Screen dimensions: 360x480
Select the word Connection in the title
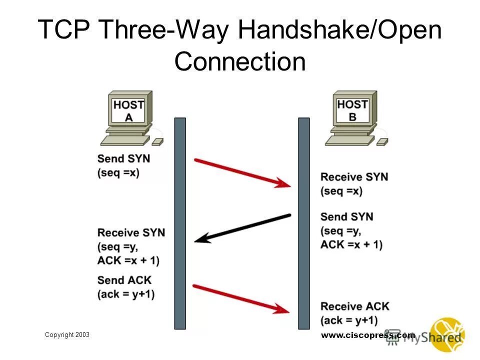tap(239, 62)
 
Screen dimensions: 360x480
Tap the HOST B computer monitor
tap(352, 109)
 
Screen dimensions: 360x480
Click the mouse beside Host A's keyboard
tap(157, 142)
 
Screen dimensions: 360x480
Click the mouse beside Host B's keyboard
tap(382, 142)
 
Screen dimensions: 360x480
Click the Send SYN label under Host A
tap(123, 158)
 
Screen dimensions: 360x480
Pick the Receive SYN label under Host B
tap(354, 177)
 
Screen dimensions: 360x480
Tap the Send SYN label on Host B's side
tap(346, 217)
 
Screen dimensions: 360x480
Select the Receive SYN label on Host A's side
tap(131, 232)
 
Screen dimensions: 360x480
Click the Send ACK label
tap(124, 280)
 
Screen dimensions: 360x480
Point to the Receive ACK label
tap(354, 306)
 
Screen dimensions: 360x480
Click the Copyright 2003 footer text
tap(67, 334)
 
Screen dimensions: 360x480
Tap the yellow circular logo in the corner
tap(448, 334)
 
